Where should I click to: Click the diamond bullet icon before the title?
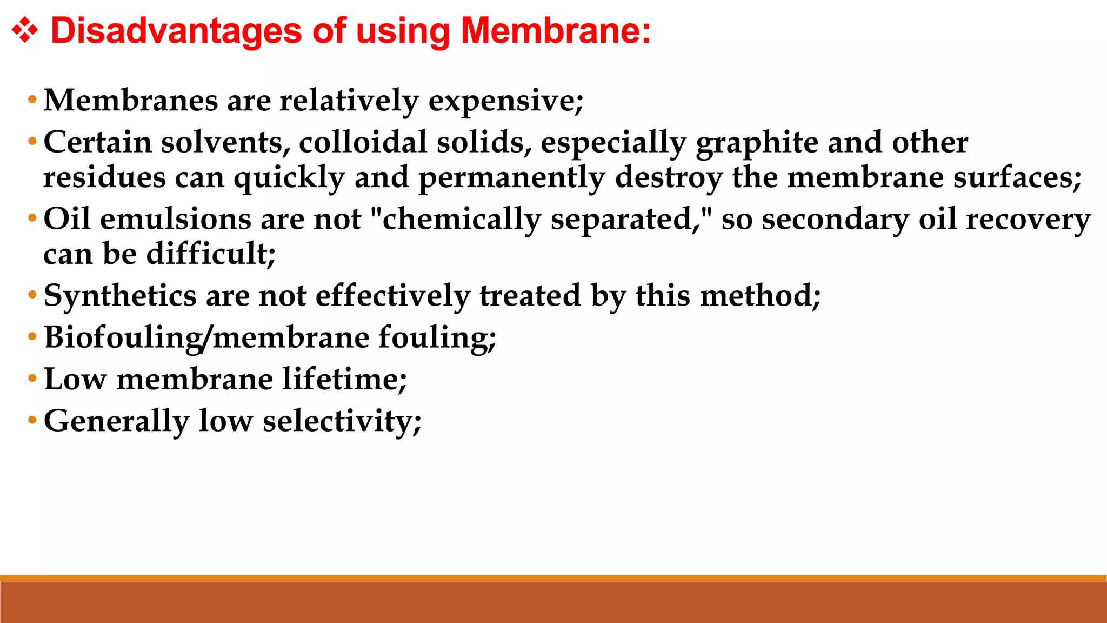[25, 30]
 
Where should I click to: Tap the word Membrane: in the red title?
[556, 30]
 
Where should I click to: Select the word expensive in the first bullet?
[505, 101]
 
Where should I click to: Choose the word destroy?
[668, 178]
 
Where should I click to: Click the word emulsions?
[175, 220]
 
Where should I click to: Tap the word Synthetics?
[120, 296]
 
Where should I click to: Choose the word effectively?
[392, 296]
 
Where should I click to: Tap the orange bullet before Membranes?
[32, 100]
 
